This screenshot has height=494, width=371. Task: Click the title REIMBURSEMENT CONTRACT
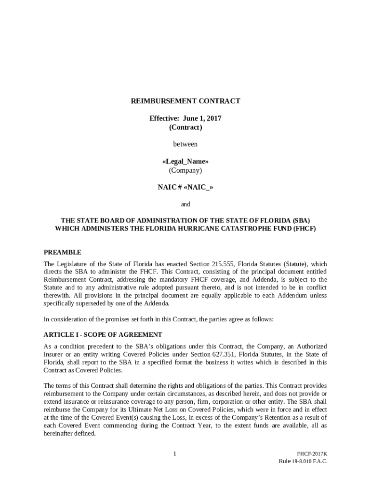pos(185,101)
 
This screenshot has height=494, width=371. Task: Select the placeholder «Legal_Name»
pos(185,162)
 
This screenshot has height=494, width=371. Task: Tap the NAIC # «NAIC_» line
pos(185,187)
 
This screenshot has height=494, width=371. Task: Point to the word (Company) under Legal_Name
pos(185,170)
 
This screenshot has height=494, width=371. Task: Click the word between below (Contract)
pos(185,144)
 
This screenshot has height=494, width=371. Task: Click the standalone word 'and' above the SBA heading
pos(185,205)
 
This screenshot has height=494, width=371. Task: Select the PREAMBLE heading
pos(63,252)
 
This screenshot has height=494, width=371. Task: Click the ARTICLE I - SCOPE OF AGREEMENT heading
pos(103,335)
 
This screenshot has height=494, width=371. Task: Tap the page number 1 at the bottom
pos(175,453)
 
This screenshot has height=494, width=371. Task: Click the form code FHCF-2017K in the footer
pos(312,454)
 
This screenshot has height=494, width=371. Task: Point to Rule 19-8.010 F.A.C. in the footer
pos(303,462)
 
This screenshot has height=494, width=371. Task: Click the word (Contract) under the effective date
pos(185,127)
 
